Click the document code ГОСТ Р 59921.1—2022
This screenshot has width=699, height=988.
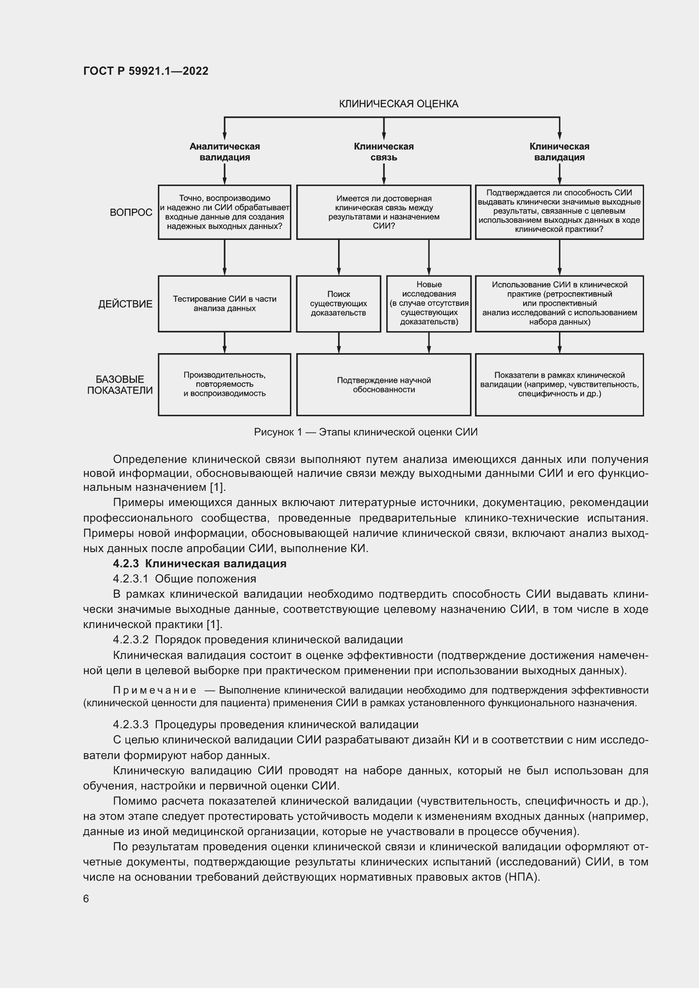point(145,71)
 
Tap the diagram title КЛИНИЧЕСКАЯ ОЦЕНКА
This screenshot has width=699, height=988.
point(398,104)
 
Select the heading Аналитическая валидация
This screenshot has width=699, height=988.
point(224,152)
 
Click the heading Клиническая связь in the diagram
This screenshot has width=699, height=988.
point(383,152)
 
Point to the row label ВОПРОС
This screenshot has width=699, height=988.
point(131,212)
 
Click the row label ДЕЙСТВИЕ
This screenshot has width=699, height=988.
point(125,304)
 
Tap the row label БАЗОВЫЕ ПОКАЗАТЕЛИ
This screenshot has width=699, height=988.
point(120,385)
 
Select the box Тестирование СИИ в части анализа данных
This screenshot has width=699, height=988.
point(224,303)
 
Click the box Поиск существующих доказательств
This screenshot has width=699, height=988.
point(339,303)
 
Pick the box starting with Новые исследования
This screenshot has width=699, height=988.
point(429,303)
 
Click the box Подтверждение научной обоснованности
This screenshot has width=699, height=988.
point(383,385)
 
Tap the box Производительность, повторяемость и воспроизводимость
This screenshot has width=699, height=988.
point(224,384)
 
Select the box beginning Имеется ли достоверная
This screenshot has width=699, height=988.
point(383,212)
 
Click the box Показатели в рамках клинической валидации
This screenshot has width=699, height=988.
point(559,384)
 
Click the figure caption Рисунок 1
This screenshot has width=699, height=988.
point(366,432)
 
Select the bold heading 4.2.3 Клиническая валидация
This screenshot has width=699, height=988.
point(200,564)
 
